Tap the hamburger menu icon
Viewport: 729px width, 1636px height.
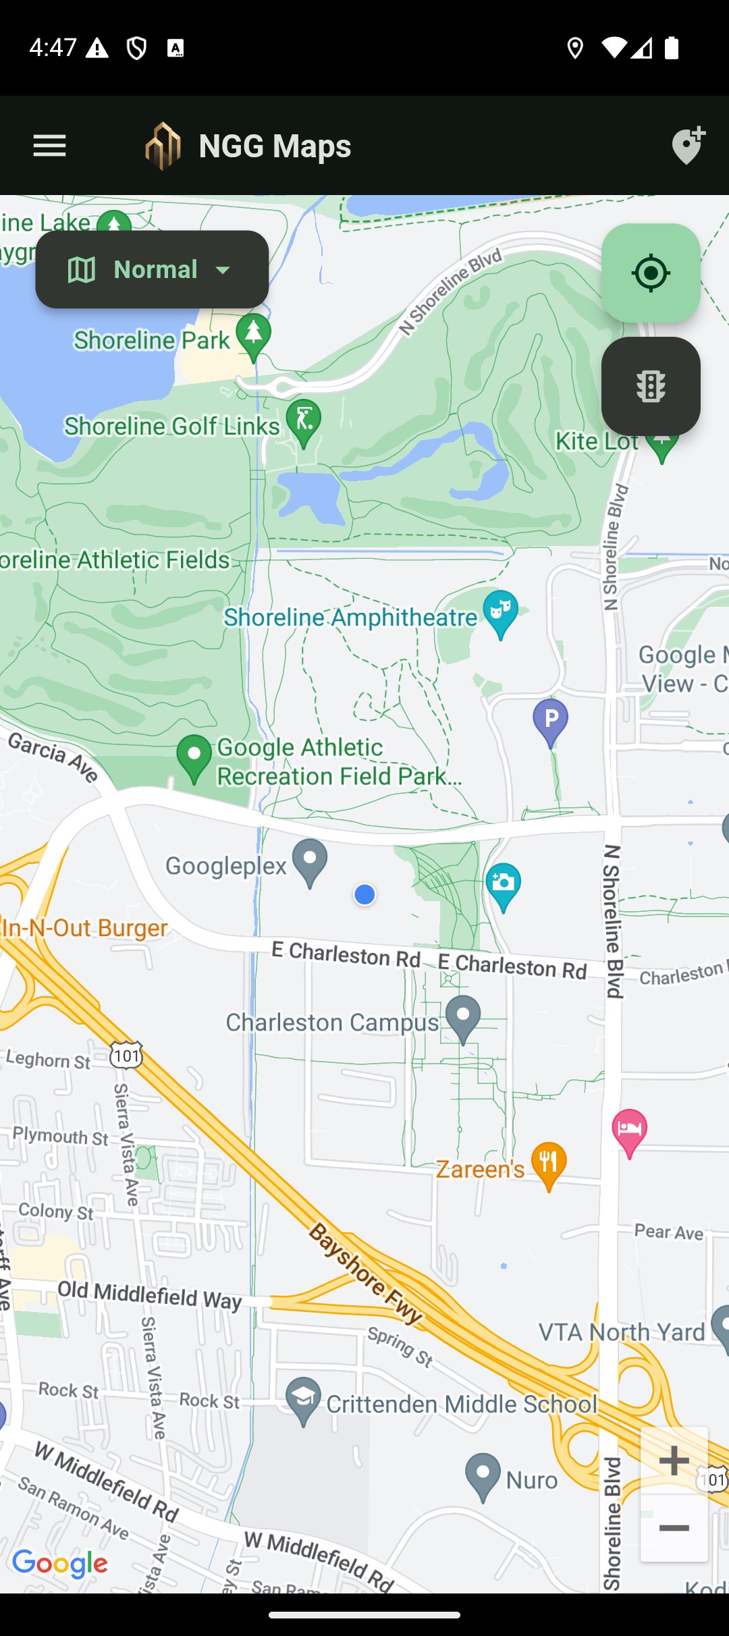[x=49, y=146]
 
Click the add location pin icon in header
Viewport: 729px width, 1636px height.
[x=688, y=145]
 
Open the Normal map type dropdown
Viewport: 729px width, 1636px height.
[x=152, y=269]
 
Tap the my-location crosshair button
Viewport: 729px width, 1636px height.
[x=650, y=273]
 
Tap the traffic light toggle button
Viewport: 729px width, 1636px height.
[x=650, y=386]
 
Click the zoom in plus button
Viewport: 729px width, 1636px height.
[x=674, y=1461]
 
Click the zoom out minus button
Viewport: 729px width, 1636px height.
[x=674, y=1528]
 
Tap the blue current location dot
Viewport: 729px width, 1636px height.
[x=364, y=895]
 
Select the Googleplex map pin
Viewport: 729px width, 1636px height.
[x=310, y=861]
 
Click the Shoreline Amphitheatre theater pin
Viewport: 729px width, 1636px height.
[x=500, y=611]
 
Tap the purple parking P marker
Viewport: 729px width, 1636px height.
[x=550, y=720]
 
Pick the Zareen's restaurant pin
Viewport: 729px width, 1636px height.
[x=549, y=1163]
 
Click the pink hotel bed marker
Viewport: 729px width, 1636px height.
[x=629, y=1130]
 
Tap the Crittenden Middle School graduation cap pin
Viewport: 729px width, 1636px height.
[x=303, y=1398]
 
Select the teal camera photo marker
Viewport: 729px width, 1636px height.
[x=503, y=884]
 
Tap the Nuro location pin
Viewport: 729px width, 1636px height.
[x=483, y=1474]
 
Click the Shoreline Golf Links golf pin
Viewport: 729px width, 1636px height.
[x=304, y=420]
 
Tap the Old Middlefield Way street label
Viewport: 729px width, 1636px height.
[x=149, y=1294]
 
